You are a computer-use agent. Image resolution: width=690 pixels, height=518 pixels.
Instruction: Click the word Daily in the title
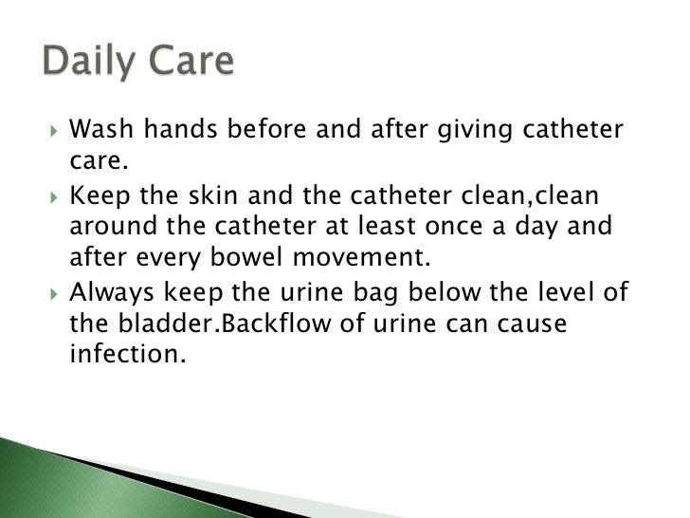tap(90, 62)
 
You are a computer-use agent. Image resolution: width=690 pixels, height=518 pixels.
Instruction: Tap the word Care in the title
tap(189, 62)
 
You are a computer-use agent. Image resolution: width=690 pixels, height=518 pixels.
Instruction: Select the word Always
tap(111, 292)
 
